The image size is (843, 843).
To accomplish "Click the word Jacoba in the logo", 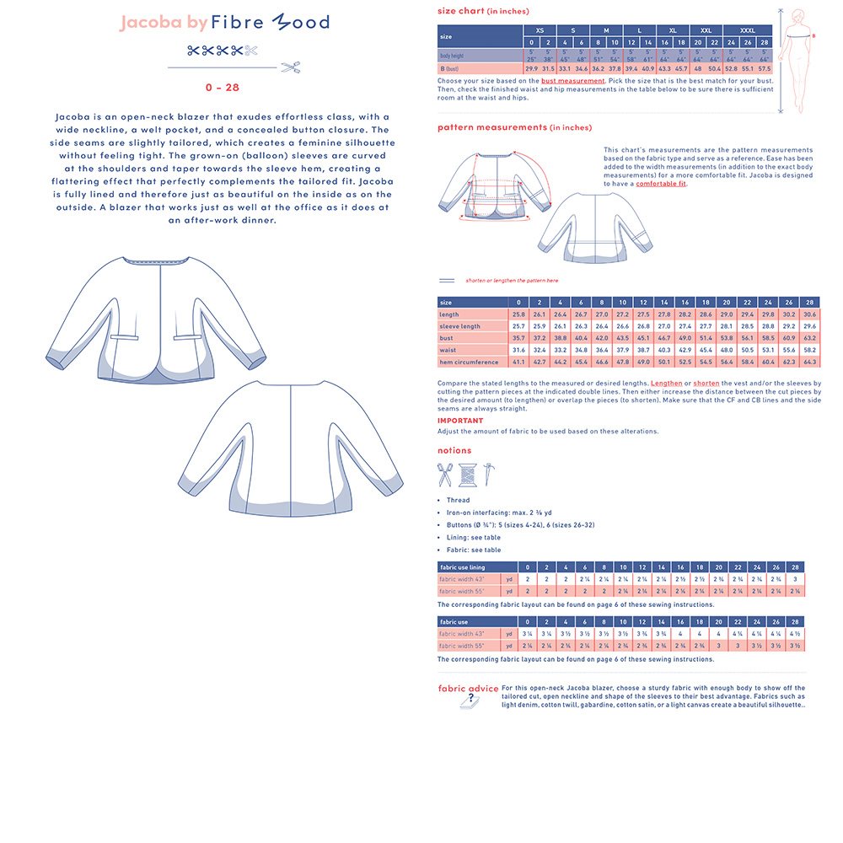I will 152,23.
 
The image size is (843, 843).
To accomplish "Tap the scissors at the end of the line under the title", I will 291,67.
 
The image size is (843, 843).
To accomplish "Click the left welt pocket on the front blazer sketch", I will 124,337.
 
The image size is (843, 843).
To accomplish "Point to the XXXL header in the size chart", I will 748,30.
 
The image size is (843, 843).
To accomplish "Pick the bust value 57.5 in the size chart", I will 765,68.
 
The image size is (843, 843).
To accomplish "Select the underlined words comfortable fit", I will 661,184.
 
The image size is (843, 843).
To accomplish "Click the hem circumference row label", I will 469,362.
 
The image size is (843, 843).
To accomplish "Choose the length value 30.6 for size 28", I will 809,314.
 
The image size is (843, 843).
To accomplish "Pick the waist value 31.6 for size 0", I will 518,350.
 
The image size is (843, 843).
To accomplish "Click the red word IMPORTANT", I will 460,421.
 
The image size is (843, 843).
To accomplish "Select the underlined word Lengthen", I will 666,383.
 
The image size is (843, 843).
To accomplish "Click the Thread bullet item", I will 459,500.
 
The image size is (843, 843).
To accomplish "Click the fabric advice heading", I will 468,688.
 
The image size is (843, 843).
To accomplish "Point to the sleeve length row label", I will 459,326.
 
